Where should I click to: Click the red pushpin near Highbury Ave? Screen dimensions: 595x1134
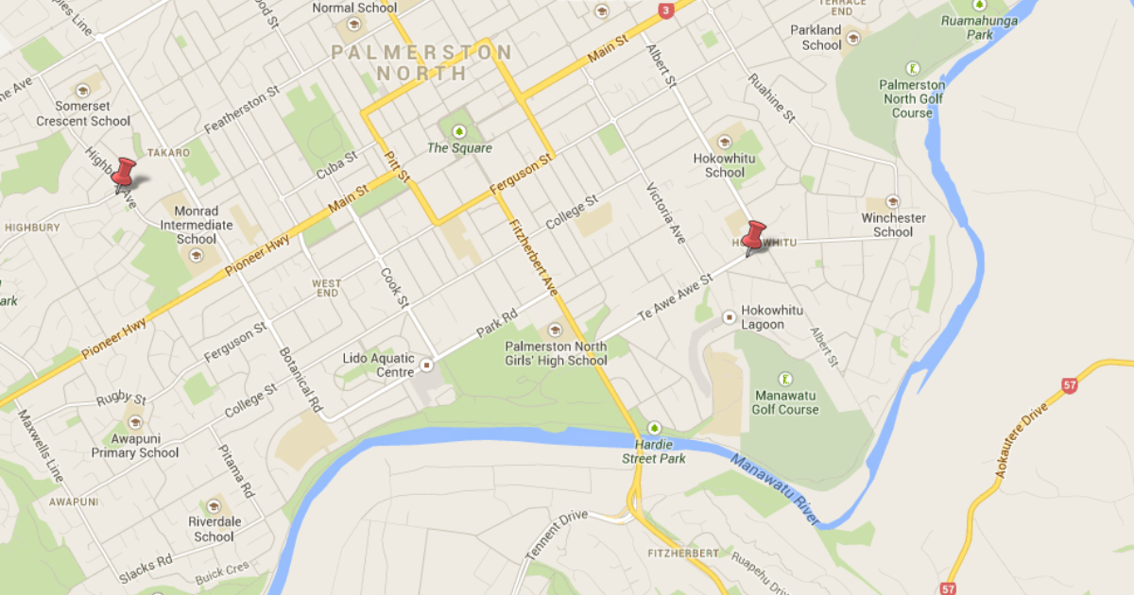pyautogui.click(x=124, y=174)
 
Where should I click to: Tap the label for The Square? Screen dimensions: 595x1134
pyautogui.click(x=459, y=147)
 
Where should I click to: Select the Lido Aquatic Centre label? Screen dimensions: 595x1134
pyautogui.click(x=378, y=365)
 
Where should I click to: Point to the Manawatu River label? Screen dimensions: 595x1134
pyautogui.click(x=773, y=487)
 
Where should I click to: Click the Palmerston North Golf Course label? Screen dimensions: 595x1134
pyautogui.click(x=912, y=98)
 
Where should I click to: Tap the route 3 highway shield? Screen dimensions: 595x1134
pyautogui.click(x=666, y=10)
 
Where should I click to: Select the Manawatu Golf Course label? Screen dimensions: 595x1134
pyautogui.click(x=785, y=402)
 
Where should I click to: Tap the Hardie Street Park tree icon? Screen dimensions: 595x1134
pyautogui.click(x=655, y=428)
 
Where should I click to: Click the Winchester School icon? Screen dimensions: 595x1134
pyautogui.click(x=892, y=201)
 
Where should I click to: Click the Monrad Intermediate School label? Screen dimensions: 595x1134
pyautogui.click(x=197, y=225)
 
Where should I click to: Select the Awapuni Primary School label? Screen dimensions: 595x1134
pyautogui.click(x=135, y=446)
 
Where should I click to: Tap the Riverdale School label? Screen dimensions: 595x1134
pyautogui.click(x=215, y=529)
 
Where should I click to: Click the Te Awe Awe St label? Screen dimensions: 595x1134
pyautogui.click(x=674, y=301)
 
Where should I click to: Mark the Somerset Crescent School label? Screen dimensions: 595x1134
pyautogui.click(x=83, y=113)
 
